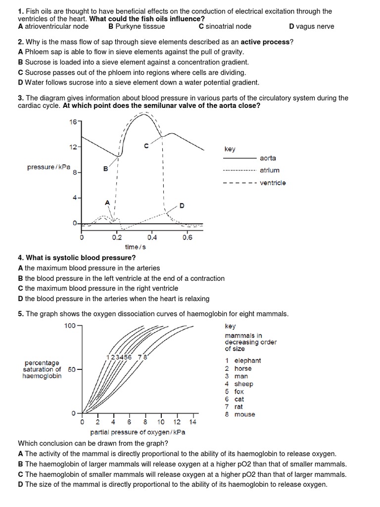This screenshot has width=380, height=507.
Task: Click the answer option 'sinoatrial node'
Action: click(x=229, y=26)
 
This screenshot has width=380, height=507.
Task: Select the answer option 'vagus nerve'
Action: click(x=315, y=26)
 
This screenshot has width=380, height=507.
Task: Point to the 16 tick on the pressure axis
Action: click(x=74, y=122)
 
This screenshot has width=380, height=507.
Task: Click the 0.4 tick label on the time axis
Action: click(x=152, y=237)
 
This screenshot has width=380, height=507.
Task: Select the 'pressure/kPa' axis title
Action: click(x=48, y=167)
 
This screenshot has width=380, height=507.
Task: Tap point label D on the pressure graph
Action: click(x=182, y=205)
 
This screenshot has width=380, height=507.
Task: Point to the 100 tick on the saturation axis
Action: click(x=69, y=325)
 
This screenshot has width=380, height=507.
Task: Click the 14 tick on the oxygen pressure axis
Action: click(x=193, y=422)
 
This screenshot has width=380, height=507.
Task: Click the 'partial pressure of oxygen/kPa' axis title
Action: click(x=138, y=432)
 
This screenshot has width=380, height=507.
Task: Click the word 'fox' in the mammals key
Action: click(x=239, y=391)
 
